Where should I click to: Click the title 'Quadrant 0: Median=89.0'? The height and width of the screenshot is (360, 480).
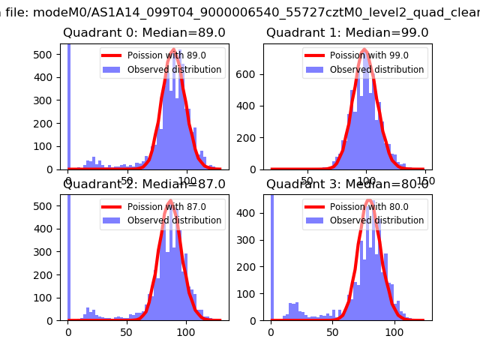pyautogui.click(x=144, y=33)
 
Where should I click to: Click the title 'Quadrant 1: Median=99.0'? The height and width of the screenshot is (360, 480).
pyautogui.click(x=347, y=33)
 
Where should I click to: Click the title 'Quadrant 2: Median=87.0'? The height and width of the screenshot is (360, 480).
pyautogui.click(x=144, y=184)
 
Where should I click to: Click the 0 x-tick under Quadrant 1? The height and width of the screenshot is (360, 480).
pyautogui.click(x=271, y=180)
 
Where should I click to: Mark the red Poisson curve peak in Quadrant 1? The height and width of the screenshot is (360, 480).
pyautogui.click(x=364, y=50)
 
